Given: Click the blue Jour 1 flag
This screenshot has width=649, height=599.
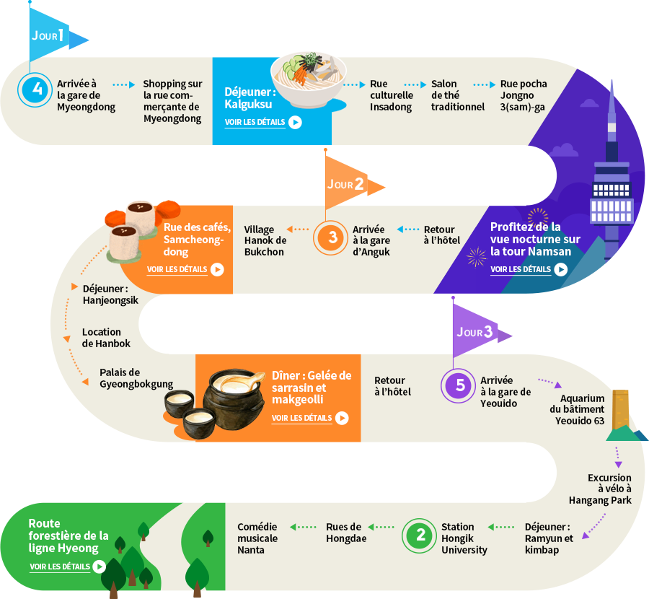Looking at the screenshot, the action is tap(54, 35).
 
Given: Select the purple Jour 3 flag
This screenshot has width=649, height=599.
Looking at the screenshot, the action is tap(479, 331).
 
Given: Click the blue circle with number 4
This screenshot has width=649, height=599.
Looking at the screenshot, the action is tap(35, 89).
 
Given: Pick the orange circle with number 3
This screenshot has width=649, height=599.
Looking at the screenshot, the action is tap(330, 237).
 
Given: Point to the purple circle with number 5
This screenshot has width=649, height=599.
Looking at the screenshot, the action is tap(458, 385).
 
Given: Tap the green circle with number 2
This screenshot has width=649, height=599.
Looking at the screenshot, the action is tap(419, 535).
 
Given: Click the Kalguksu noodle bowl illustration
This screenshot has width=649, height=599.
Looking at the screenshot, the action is tap(309, 79).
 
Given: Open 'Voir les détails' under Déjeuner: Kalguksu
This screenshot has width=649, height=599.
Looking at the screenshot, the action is tap(255, 122).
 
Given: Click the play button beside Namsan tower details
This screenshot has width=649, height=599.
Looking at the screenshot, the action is tap(561, 270).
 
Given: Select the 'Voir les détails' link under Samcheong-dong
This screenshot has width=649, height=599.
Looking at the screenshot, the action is tap(177, 269).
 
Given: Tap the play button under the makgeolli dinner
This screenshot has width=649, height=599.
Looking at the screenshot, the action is tap(342, 418).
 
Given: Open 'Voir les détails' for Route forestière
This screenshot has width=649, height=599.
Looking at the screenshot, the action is tap(60, 567).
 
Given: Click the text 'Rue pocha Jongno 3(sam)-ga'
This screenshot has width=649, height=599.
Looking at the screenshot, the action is tap(524, 95).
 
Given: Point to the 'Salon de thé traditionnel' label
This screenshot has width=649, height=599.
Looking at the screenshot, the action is tap(458, 95).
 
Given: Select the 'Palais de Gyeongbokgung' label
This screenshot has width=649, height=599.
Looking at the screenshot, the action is tap(136, 378).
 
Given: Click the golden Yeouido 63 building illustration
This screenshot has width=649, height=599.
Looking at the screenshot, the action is tap(620, 410).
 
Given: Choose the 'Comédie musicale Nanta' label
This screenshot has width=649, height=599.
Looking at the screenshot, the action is tap(257, 538).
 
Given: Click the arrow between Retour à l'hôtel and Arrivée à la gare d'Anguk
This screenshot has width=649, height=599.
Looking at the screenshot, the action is tap(408, 229).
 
